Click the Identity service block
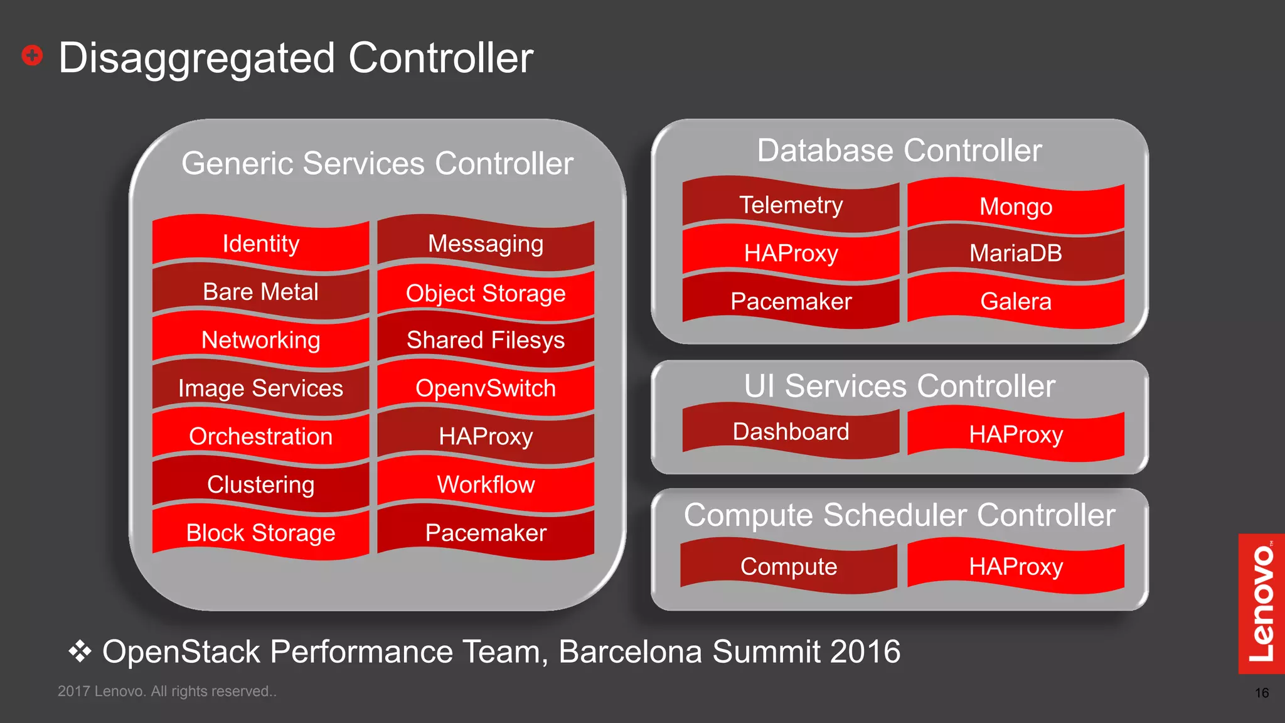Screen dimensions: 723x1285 (260, 244)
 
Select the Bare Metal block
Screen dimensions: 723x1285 (260, 292)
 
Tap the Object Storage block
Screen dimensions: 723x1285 (486, 293)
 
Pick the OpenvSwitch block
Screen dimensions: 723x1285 (486, 388)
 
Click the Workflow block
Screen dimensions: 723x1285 (486, 485)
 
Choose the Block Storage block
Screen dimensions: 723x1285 (260, 533)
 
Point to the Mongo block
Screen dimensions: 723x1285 (1016, 206)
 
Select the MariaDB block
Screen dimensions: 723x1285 (1016, 253)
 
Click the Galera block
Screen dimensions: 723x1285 (1016, 301)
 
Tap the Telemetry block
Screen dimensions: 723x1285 (791, 205)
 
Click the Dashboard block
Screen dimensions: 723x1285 (791, 432)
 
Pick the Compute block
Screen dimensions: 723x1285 (789, 566)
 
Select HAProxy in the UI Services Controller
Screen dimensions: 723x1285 (1016, 434)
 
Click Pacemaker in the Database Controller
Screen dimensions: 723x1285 (791, 301)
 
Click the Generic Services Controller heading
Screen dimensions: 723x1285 (377, 163)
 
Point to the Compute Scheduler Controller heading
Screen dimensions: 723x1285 (899, 515)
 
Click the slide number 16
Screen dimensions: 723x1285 (1262, 693)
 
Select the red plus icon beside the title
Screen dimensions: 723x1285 (32, 55)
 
